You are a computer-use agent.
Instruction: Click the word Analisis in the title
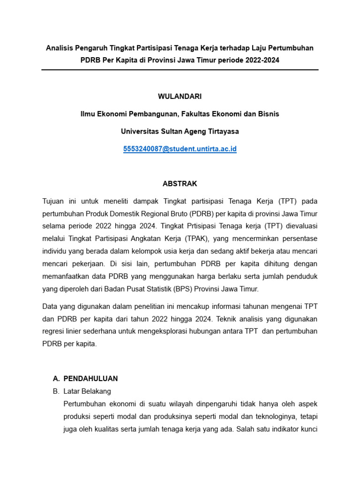pyautogui.click(x=60, y=48)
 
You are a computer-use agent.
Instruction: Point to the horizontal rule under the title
pyautogui.click(x=180, y=70)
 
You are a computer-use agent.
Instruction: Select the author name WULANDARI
pyautogui.click(x=180, y=96)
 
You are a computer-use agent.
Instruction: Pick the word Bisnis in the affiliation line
pyautogui.click(x=269, y=114)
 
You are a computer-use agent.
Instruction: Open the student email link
pyautogui.click(x=180, y=149)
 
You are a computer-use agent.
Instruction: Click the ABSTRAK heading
pyautogui.click(x=180, y=184)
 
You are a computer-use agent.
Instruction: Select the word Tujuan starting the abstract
pyautogui.click(x=53, y=201)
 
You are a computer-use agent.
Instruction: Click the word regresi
pyautogui.click(x=54, y=331)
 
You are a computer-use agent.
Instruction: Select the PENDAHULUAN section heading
pyautogui.click(x=90, y=378)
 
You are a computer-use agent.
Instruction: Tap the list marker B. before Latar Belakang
pyautogui.click(x=56, y=391)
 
